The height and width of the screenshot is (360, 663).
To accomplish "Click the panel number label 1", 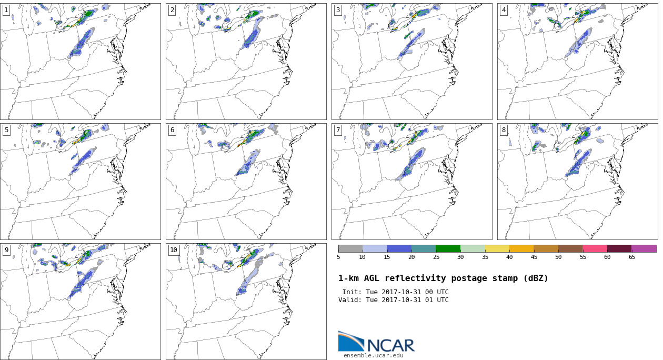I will [x=6, y=10].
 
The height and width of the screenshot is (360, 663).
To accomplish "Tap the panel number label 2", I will [x=172, y=10].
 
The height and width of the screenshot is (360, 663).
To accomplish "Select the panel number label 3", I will [x=338, y=10].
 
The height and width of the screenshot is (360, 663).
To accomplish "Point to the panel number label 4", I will [x=504, y=10].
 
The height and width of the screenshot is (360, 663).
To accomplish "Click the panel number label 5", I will [x=6, y=130].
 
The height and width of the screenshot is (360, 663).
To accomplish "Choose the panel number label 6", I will [x=172, y=130].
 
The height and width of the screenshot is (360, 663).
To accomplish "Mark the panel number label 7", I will [x=338, y=130].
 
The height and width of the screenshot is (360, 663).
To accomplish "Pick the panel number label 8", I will [x=504, y=130].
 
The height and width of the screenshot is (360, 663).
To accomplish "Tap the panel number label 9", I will [x=6, y=250].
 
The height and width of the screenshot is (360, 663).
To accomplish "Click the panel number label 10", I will [x=174, y=250].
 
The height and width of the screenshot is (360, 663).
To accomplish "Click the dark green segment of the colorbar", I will [x=448, y=248].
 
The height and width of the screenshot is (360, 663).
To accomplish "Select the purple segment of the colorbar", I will [x=644, y=248].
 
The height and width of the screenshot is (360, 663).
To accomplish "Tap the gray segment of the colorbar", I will [x=350, y=248].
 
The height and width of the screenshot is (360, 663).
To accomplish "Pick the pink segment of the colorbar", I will [x=595, y=248].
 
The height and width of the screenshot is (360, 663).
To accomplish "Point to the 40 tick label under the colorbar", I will [x=509, y=257].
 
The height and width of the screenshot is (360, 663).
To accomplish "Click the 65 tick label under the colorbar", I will [x=631, y=257].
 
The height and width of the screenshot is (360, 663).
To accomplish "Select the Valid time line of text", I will [x=393, y=300].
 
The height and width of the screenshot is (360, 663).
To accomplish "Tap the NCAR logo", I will [x=376, y=343].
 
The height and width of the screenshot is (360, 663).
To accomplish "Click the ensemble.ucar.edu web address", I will [x=374, y=356].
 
